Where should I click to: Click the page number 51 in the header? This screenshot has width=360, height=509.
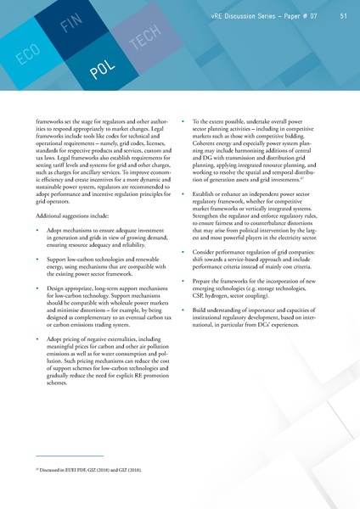[343, 15]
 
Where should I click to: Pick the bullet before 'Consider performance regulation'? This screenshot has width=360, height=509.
[184, 254]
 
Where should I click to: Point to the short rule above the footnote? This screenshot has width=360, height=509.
[64, 456]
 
